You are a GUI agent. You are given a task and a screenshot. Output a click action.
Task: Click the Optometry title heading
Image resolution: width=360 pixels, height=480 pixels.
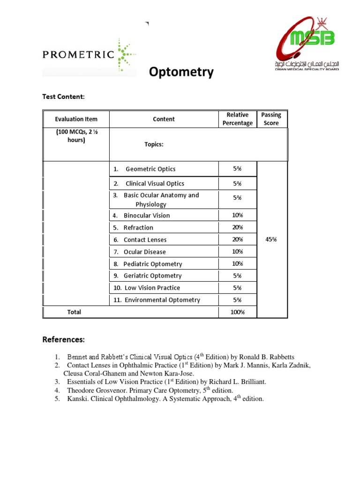181,72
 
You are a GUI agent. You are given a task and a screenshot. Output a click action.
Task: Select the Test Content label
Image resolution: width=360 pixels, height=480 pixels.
64,97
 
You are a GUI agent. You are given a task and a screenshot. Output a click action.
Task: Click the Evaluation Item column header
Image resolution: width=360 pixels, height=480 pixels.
76,119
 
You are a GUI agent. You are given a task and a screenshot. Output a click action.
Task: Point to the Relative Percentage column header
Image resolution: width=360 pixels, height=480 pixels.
237,119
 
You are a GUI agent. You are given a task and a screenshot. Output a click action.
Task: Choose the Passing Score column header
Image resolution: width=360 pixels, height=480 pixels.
271,119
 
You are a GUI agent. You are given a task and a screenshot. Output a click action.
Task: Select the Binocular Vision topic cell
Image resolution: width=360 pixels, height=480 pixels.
146,216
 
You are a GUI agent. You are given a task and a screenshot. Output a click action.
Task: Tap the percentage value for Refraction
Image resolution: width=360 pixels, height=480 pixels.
237,227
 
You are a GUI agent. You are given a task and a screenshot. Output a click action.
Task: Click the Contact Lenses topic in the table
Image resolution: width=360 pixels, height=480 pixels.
145,240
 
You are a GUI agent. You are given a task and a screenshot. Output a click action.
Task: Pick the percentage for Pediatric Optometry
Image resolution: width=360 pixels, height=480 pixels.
237,264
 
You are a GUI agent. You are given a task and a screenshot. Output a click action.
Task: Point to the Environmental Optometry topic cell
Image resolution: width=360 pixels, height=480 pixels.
162,300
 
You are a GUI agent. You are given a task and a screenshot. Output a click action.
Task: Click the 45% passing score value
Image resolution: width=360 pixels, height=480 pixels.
271,239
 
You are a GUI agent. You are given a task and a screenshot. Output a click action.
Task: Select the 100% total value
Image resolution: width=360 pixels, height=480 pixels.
237,312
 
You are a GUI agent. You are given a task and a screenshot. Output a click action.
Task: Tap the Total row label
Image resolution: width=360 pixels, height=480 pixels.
74,312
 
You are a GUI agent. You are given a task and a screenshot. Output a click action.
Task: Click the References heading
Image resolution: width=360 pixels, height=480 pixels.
64,339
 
